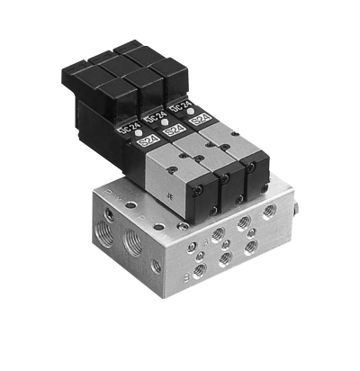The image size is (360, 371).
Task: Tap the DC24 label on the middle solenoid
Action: click(154, 117)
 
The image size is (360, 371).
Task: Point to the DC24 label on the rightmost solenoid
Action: click(181, 110)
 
